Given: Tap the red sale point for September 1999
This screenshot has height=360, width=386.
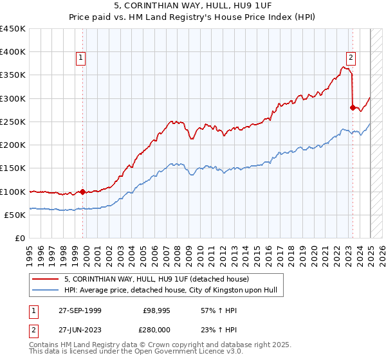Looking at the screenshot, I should pyautogui.click(x=82, y=192).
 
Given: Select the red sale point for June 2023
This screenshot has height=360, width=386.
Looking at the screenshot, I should pyautogui.click(x=353, y=107).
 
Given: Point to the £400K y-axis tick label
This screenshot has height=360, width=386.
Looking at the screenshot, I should pyautogui.click(x=13, y=52).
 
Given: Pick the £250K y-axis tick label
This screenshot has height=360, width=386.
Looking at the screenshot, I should pyautogui.click(x=13, y=122).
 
